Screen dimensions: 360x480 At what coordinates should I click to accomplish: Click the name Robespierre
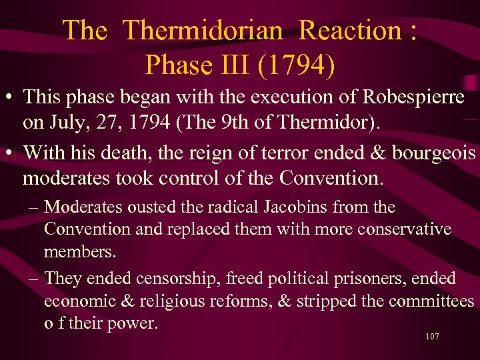pyautogui.click(x=413, y=97)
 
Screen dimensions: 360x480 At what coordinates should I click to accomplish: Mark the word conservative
pyautogui.click(x=402, y=229)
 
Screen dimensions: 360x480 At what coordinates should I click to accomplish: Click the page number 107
pyautogui.click(x=432, y=337)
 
